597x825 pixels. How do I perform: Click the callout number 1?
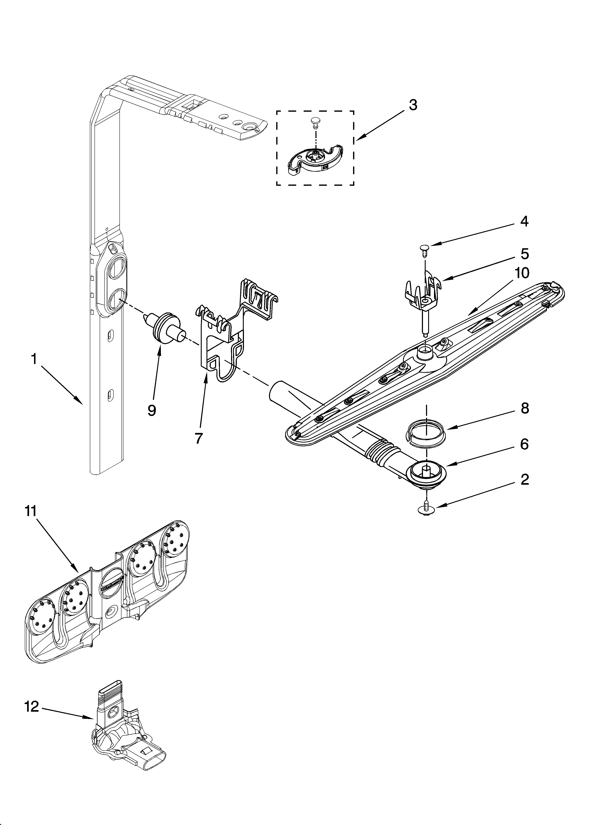[34, 359]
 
